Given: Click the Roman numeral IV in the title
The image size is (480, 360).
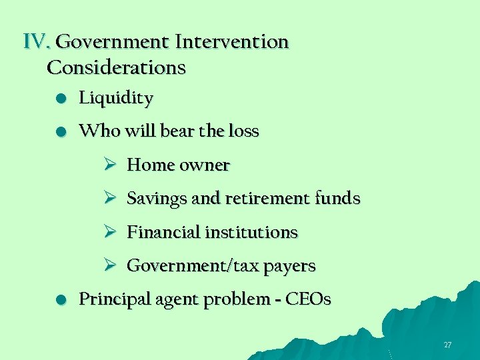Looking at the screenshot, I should click(x=37, y=42).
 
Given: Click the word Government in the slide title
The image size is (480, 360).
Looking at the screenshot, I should click(x=113, y=42).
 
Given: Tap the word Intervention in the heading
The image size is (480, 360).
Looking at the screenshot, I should click(x=232, y=42).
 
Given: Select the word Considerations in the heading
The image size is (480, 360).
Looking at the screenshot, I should click(x=117, y=67).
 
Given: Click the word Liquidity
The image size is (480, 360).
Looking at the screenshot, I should click(x=116, y=99).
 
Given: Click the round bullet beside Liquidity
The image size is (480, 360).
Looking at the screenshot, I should click(x=61, y=99).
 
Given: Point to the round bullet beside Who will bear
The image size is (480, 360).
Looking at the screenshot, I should click(x=61, y=132).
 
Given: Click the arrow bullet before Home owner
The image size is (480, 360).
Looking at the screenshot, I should click(x=110, y=165).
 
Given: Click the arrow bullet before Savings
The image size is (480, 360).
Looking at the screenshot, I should click(x=110, y=199).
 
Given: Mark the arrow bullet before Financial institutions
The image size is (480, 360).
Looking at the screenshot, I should click(x=110, y=232).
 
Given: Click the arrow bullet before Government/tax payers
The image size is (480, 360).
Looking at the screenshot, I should click(x=110, y=266).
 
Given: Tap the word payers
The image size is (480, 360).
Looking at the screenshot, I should click(x=289, y=267).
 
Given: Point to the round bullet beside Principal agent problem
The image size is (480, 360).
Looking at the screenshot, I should click(x=61, y=300).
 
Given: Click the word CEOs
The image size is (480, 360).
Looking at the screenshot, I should click(x=307, y=299).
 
